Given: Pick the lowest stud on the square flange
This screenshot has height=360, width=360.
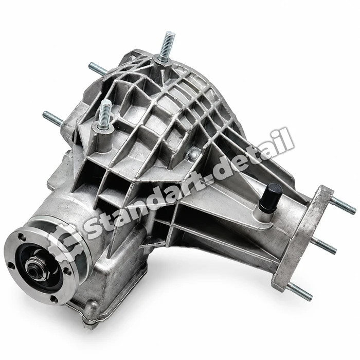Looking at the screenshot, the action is [300, 291].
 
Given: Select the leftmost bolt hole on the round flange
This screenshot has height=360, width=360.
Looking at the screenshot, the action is [10, 266].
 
